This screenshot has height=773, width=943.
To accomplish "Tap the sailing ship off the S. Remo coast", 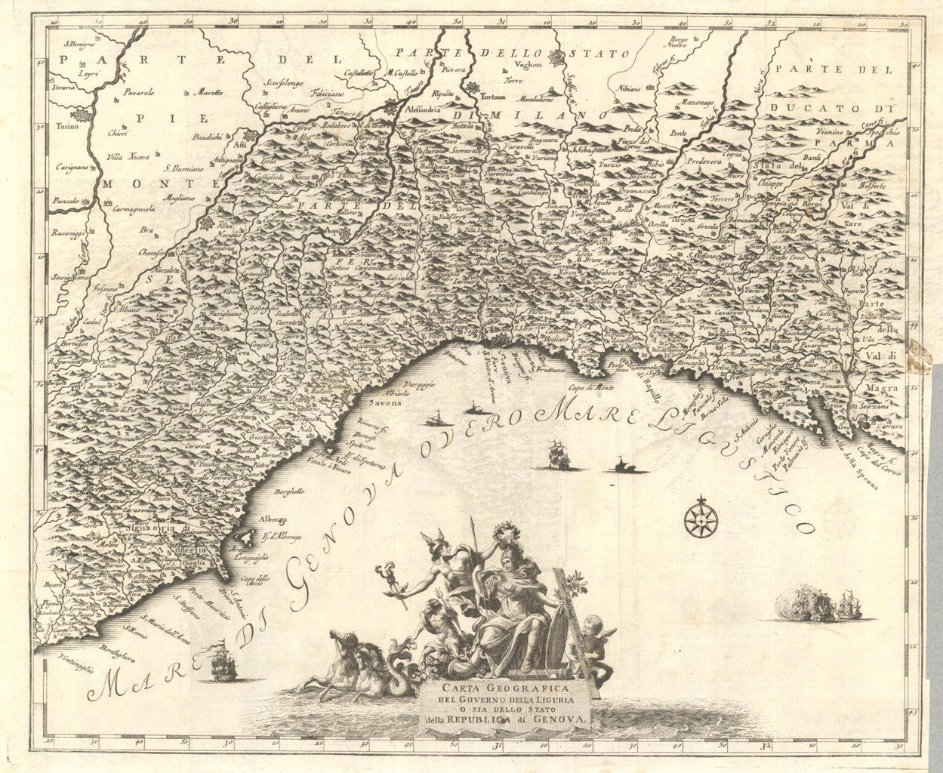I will click(x=221, y=657).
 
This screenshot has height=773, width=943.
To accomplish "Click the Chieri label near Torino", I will click(x=117, y=134).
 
